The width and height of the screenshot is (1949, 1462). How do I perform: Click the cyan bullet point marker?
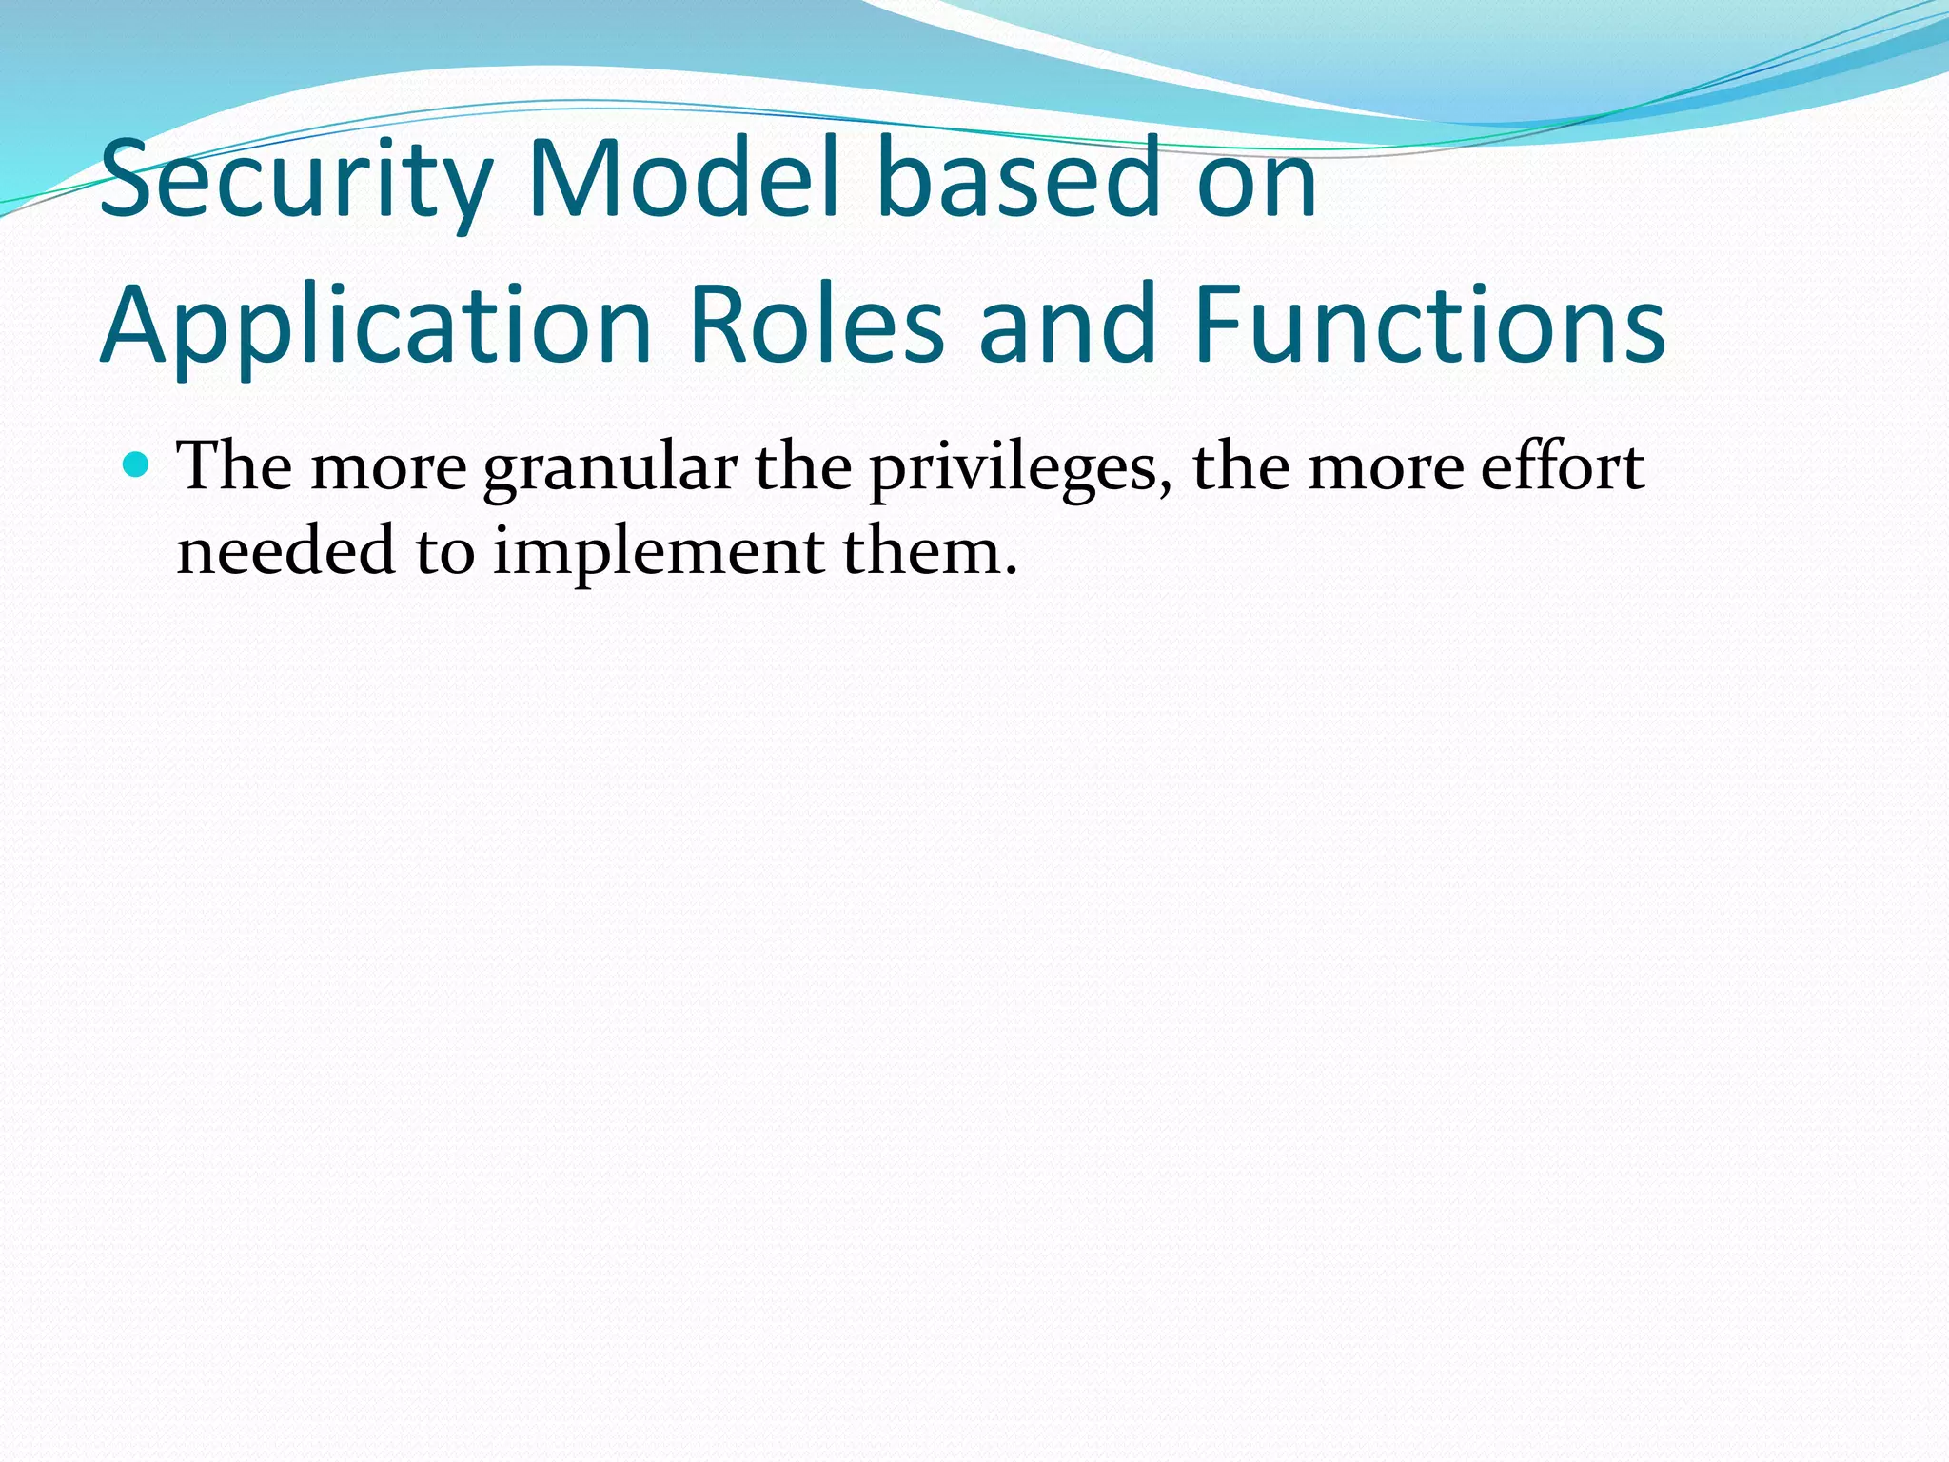pos(137,465)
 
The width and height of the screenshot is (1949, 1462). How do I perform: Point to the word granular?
pos(610,468)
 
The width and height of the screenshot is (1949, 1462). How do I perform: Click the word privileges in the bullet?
pos(1013,468)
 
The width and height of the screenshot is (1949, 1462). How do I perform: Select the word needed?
pos(285,551)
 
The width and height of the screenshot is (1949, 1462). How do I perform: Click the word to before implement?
pos(444,553)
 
